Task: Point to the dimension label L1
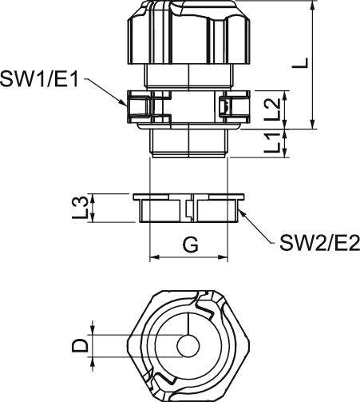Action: (271, 145)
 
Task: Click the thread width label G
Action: (190, 245)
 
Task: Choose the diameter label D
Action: (80, 346)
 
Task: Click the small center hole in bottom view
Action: (189, 346)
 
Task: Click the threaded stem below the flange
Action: (189, 144)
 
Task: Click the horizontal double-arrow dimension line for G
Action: (189, 258)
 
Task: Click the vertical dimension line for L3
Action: (96, 209)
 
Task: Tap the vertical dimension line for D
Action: (96, 346)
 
